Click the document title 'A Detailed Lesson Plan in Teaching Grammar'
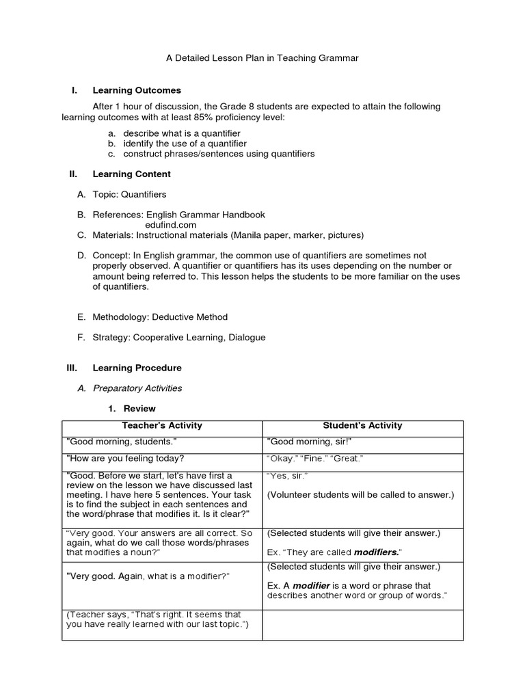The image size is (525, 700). click(262, 58)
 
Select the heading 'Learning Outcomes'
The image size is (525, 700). click(137, 90)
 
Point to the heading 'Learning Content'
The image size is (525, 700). click(131, 174)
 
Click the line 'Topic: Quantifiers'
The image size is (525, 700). click(129, 194)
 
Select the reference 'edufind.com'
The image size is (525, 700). click(170, 224)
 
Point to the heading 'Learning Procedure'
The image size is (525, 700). click(137, 368)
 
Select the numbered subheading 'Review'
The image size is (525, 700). click(139, 409)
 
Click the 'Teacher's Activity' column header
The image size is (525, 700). click(162, 425)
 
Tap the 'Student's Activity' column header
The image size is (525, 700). click(362, 425)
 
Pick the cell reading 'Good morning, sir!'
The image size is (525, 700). click(304, 442)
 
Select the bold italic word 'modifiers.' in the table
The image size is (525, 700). click(377, 552)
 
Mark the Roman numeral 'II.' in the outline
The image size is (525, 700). click(75, 174)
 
